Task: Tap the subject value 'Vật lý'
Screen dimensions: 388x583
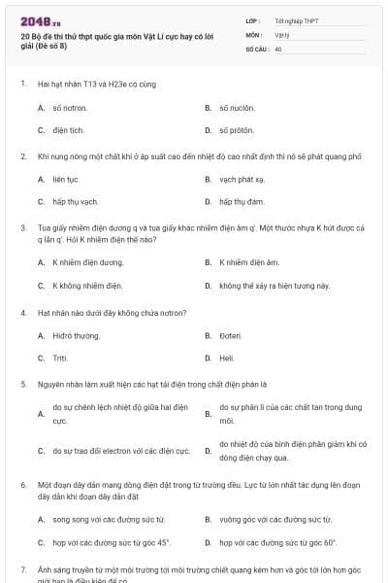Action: (x=282, y=34)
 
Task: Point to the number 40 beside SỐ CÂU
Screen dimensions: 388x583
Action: (x=278, y=48)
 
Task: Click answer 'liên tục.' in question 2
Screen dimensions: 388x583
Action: (x=65, y=180)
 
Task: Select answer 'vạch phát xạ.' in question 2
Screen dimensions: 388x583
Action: (x=242, y=180)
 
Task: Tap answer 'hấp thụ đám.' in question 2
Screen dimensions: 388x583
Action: (x=242, y=201)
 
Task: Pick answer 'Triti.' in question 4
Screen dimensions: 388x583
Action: (x=60, y=358)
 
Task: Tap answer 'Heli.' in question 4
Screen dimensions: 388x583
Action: (x=227, y=358)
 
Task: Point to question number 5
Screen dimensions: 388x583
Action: (x=22, y=384)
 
